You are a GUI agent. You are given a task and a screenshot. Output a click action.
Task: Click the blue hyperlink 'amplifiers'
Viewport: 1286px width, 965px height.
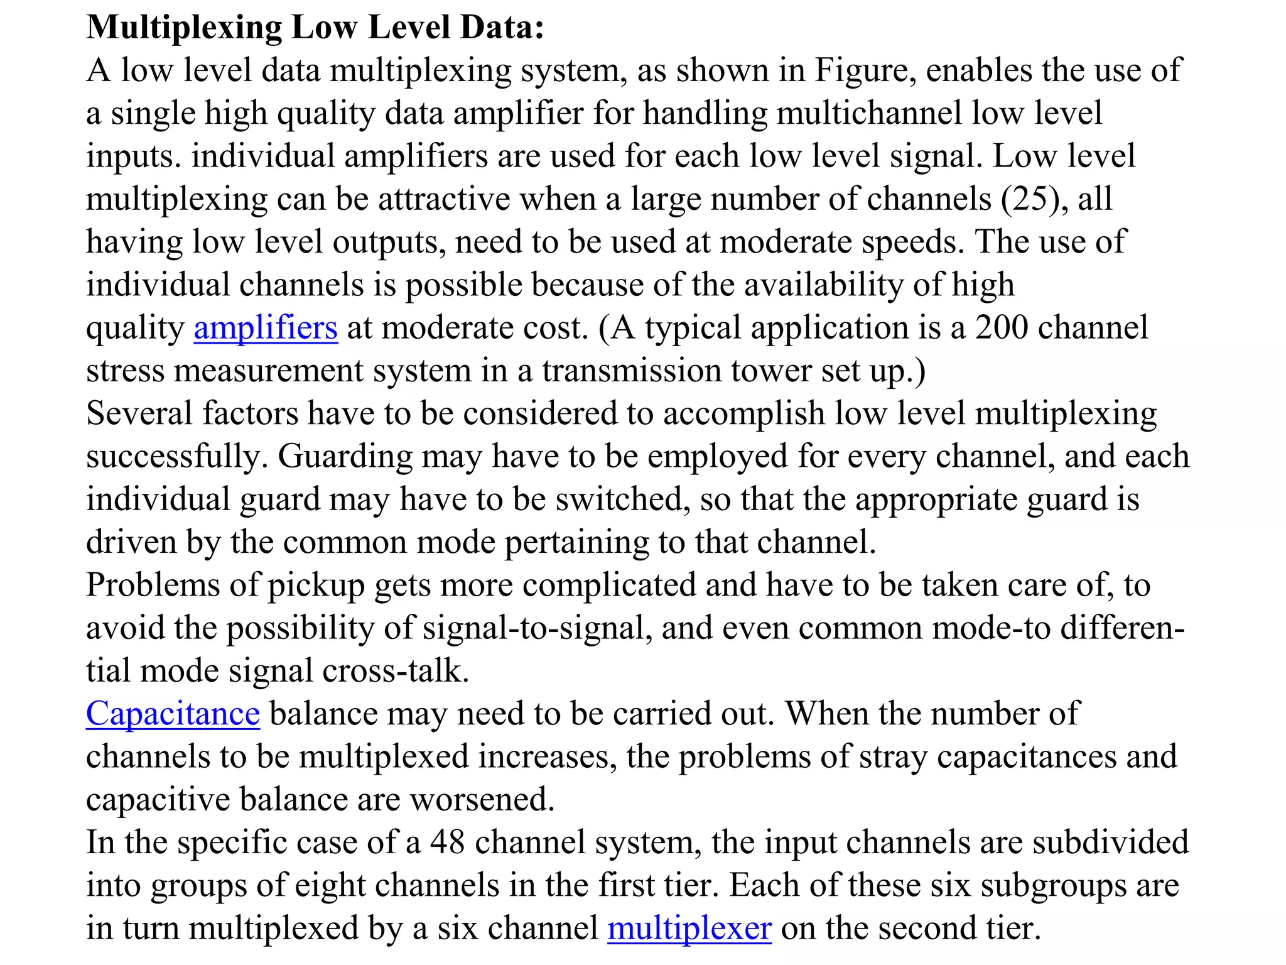pyautogui.click(x=266, y=328)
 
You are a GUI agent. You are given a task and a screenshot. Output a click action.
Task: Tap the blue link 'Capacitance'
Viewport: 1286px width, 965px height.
pyautogui.click(x=173, y=714)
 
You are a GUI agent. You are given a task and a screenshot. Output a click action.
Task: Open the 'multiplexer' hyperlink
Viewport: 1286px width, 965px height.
pyautogui.click(x=689, y=929)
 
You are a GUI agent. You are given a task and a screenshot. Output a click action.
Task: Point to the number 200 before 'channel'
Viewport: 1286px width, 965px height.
pyautogui.click(x=1001, y=328)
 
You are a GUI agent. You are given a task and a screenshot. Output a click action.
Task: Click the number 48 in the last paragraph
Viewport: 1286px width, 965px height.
pyautogui.click(x=447, y=842)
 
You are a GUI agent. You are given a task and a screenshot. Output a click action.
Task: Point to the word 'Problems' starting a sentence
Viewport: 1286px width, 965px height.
pyautogui.click(x=153, y=586)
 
